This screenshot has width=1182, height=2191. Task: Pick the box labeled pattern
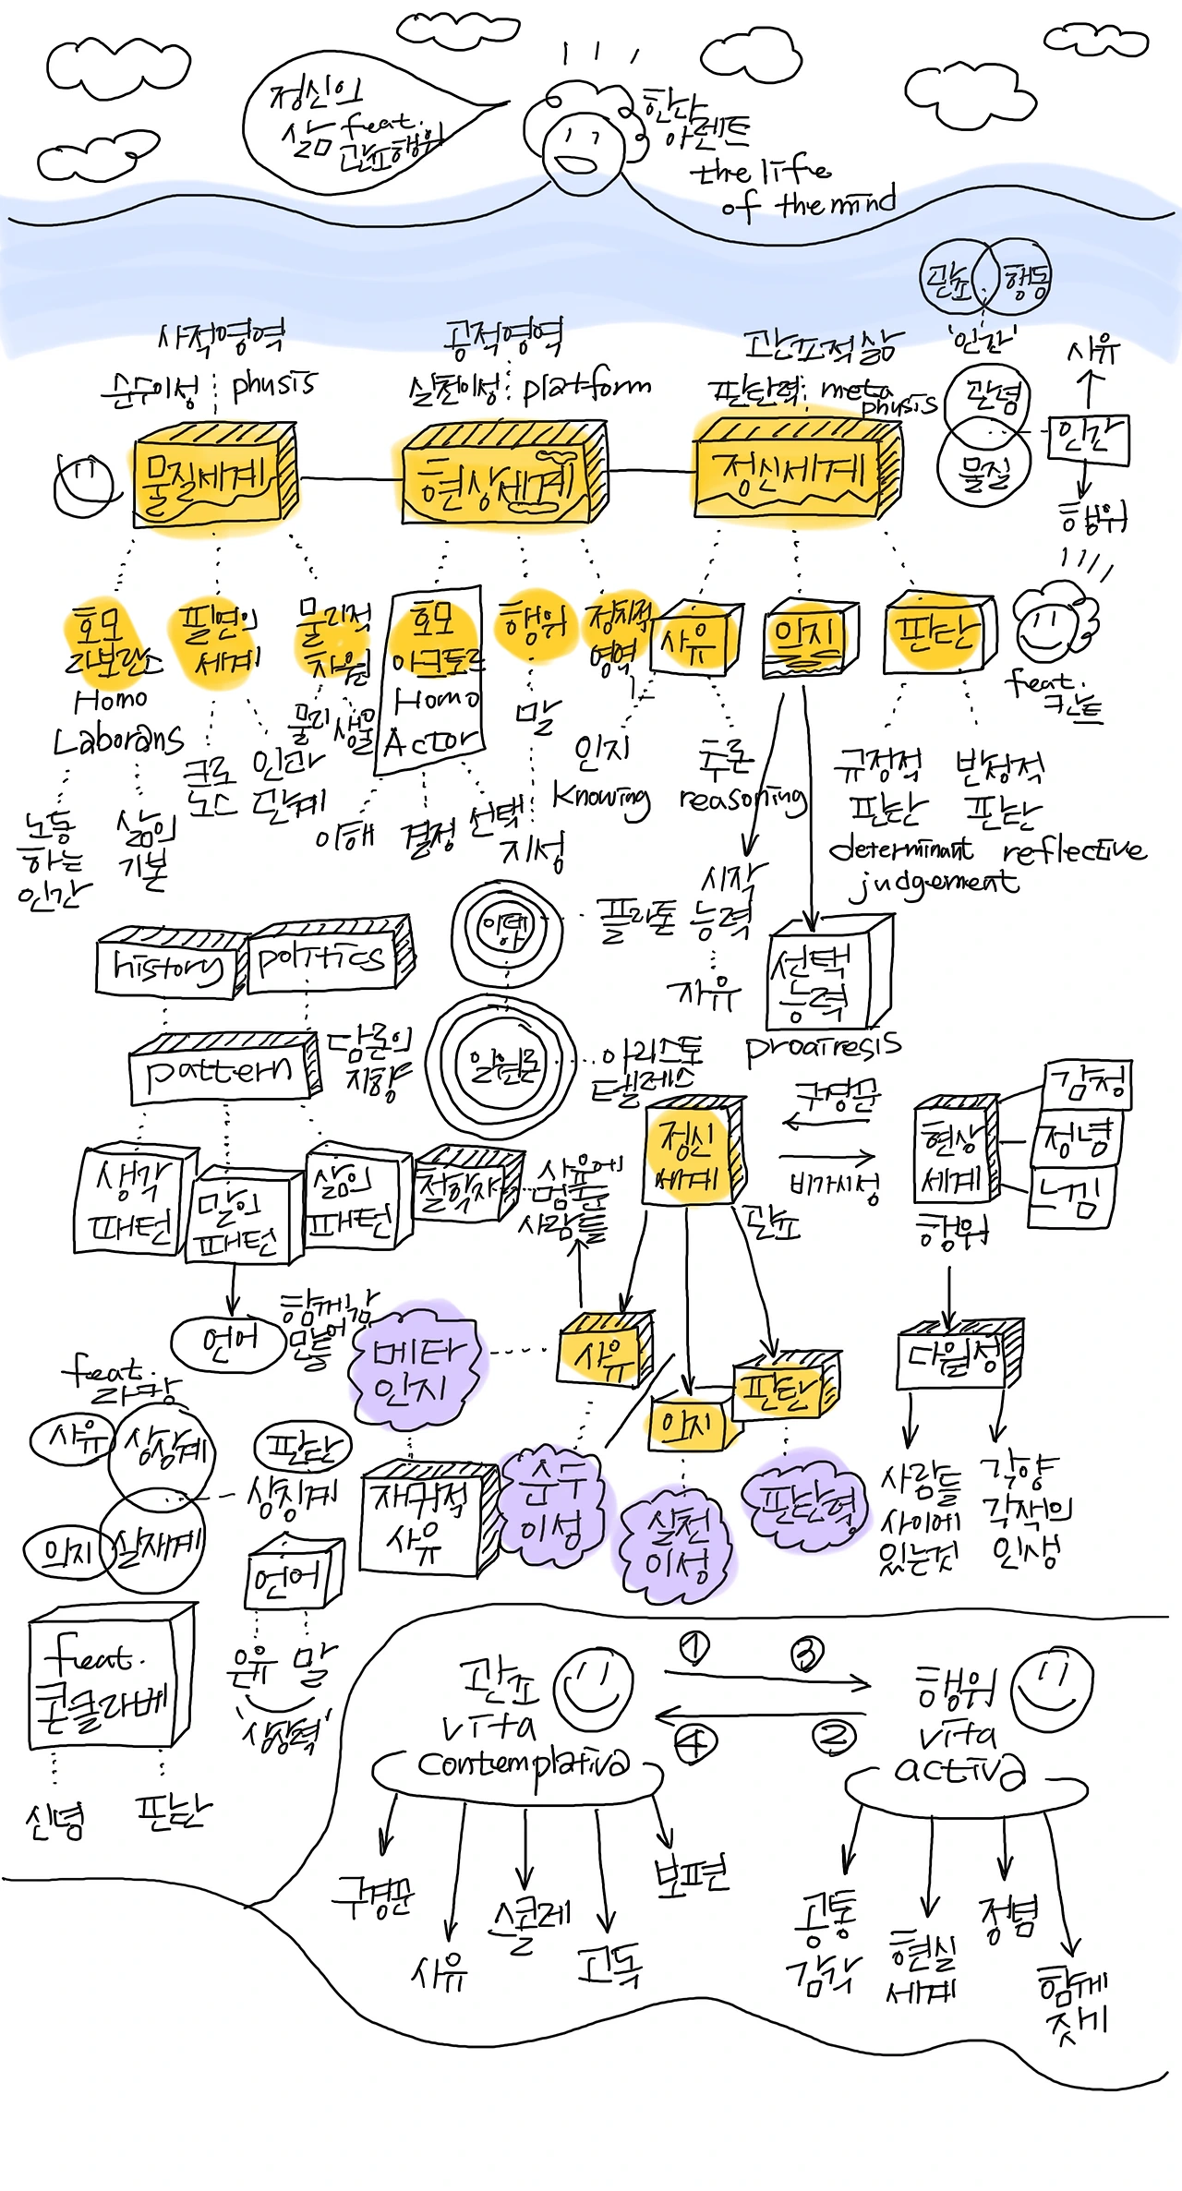(x=222, y=1071)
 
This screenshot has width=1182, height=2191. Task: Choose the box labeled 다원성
(x=956, y=1357)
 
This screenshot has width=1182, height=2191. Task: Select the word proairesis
(x=822, y=1049)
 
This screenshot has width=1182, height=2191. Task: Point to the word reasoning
(x=742, y=799)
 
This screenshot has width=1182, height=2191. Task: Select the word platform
(x=587, y=388)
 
